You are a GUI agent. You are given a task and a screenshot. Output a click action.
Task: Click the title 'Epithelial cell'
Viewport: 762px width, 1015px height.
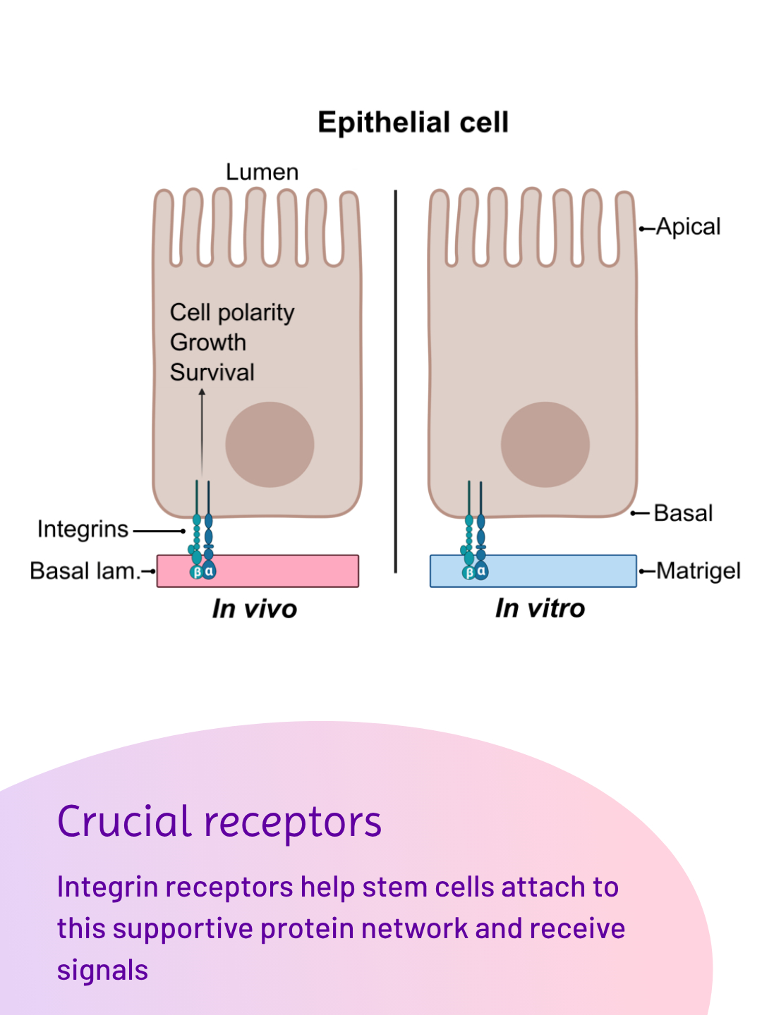point(413,123)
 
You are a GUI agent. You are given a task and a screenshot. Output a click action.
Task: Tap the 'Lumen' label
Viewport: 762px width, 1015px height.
point(262,172)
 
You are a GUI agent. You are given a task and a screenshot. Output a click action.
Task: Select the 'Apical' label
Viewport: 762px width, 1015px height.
point(688,227)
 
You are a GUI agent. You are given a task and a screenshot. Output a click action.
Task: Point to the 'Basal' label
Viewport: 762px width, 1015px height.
point(683,513)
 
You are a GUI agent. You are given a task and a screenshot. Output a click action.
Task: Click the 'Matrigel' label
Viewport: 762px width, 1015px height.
point(698,571)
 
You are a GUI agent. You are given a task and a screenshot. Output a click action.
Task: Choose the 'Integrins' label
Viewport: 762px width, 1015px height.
point(83,529)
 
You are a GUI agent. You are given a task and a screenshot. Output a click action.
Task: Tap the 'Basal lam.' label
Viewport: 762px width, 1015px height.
point(85,571)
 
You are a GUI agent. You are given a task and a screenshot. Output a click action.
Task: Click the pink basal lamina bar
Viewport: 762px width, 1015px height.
point(282,571)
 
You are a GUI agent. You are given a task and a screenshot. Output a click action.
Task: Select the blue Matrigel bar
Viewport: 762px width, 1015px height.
point(557,571)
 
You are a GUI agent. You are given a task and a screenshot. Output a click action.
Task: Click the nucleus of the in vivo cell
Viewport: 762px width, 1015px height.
point(270,445)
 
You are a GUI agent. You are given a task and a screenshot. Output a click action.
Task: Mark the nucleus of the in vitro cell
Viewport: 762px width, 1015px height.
point(545,445)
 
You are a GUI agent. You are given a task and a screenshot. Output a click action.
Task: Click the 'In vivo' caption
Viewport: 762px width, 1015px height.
point(255,609)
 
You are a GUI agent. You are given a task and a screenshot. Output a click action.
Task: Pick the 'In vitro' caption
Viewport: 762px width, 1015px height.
point(540,608)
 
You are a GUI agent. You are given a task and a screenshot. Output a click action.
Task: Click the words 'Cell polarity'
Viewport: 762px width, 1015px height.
point(232,312)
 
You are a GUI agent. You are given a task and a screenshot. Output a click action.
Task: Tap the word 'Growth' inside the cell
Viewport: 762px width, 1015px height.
point(208,343)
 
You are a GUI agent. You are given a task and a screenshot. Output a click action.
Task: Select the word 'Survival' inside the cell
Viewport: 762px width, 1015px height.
point(212,372)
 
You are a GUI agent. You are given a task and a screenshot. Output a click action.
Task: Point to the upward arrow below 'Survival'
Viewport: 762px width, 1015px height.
point(202,430)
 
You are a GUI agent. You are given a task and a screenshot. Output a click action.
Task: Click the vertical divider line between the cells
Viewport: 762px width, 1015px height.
point(396,381)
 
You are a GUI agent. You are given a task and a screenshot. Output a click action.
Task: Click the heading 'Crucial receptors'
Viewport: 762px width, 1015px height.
point(219,822)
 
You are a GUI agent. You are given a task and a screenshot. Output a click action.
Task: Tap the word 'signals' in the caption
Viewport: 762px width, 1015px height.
point(103,971)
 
